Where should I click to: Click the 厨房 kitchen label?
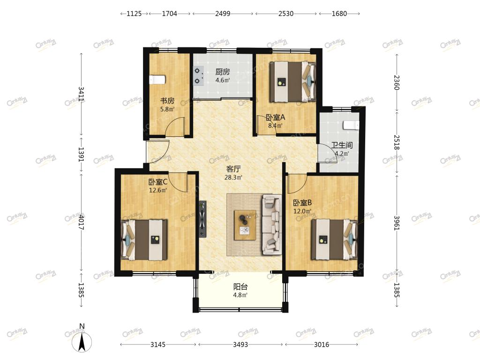[x=223, y=72]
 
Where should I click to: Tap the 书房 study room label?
[x=167, y=101]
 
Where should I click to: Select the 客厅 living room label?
[x=233, y=169]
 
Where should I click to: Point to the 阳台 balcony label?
[x=240, y=287]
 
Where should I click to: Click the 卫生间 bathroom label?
[x=342, y=145]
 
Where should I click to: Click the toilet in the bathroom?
[x=351, y=125]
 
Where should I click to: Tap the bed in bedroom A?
[x=292, y=82]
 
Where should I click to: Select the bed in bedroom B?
[x=334, y=240]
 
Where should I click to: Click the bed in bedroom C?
[x=144, y=240]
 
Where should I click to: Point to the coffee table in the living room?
[x=245, y=225]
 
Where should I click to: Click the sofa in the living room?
[x=271, y=225]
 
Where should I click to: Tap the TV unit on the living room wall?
[x=202, y=219]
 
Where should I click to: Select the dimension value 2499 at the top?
[x=223, y=14]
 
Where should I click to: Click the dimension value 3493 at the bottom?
[x=240, y=345]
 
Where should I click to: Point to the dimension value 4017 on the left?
[x=81, y=222]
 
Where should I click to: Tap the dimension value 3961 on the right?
[x=397, y=223]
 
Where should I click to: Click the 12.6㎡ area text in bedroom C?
[x=158, y=190]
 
